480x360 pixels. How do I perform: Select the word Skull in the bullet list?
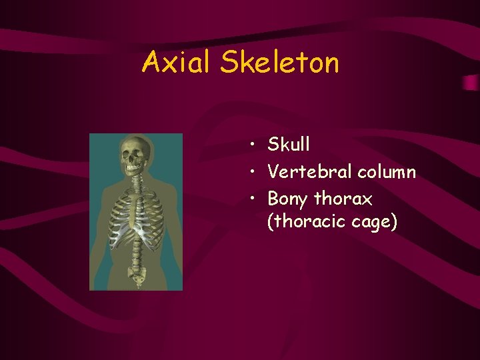[x=289, y=144]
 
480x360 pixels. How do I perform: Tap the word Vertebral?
[x=310, y=172]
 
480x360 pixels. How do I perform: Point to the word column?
[x=387, y=172]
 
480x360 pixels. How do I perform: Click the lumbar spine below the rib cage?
[x=137, y=250]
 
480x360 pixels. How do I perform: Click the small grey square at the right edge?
[x=471, y=83]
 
